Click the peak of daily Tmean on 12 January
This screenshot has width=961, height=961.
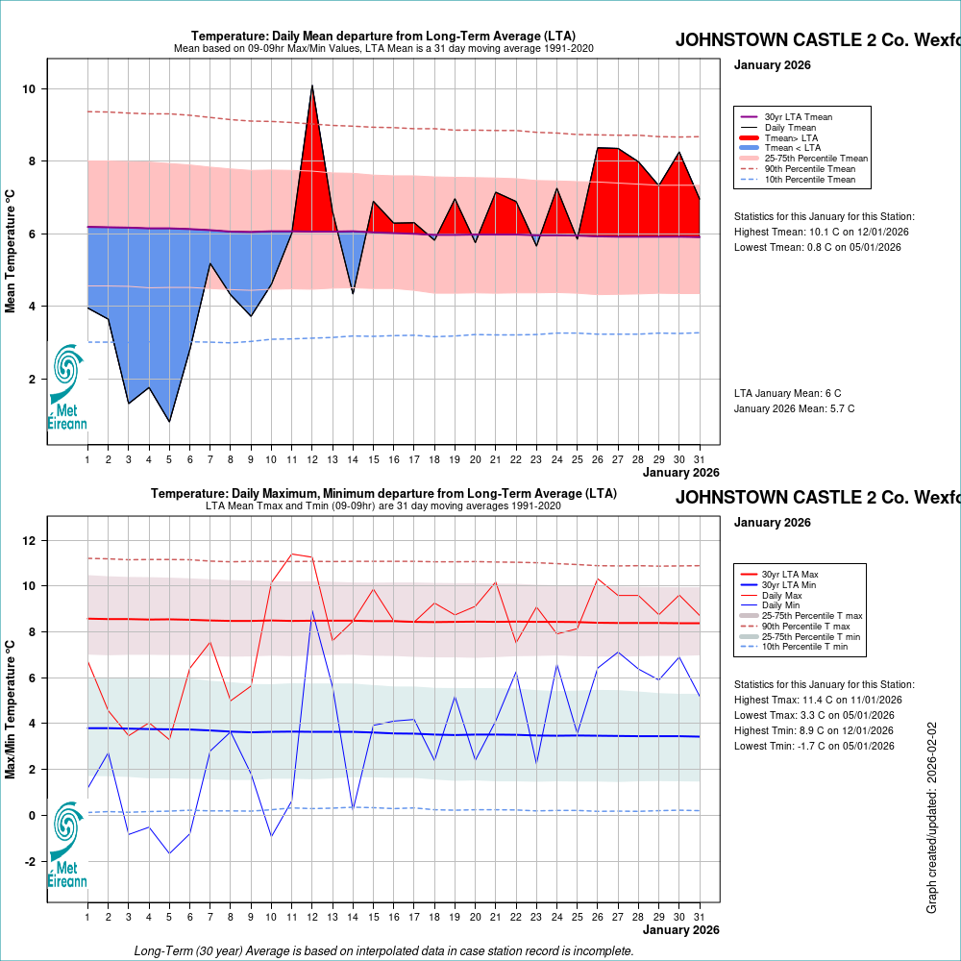point(312,86)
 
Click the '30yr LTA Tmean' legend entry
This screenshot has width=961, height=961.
point(798,117)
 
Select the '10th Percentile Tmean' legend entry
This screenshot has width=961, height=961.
point(809,179)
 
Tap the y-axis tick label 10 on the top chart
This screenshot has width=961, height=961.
point(30,89)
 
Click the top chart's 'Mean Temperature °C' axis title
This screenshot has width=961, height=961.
point(11,250)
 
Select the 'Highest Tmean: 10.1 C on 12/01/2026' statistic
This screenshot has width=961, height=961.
point(821,232)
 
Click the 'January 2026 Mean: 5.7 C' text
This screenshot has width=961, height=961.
point(794,408)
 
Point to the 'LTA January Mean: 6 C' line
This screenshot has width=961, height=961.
point(787,393)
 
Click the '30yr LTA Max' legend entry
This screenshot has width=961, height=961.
point(792,574)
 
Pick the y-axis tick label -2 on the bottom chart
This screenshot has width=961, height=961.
point(30,861)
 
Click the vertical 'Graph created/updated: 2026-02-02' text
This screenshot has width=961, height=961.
point(931,817)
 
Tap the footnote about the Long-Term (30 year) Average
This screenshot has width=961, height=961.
point(383,950)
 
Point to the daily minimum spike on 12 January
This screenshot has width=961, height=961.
point(312,611)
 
